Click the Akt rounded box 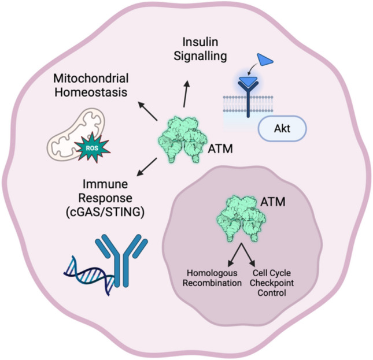pyautogui.click(x=282, y=128)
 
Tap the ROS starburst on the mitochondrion pyautogui.click(x=92, y=148)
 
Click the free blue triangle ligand pyautogui.click(x=265, y=60)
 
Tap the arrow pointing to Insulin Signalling pyautogui.click(x=186, y=94)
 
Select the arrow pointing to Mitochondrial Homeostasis pyautogui.click(x=147, y=111)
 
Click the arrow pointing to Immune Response pyautogui.click(x=147, y=167)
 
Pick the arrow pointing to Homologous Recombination pyautogui.click(x=235, y=254)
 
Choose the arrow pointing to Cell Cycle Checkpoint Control pyautogui.click(x=248, y=254)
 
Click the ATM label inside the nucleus pyautogui.click(x=273, y=202)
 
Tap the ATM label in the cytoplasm pyautogui.click(x=220, y=149)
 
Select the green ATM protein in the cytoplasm pyautogui.click(x=183, y=140)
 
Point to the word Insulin pyautogui.click(x=200, y=42)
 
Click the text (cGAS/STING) pyautogui.click(x=105, y=212)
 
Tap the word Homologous pyautogui.click(x=212, y=273)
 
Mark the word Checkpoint pyautogui.click(x=272, y=283)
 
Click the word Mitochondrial pyautogui.click(x=91, y=79)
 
